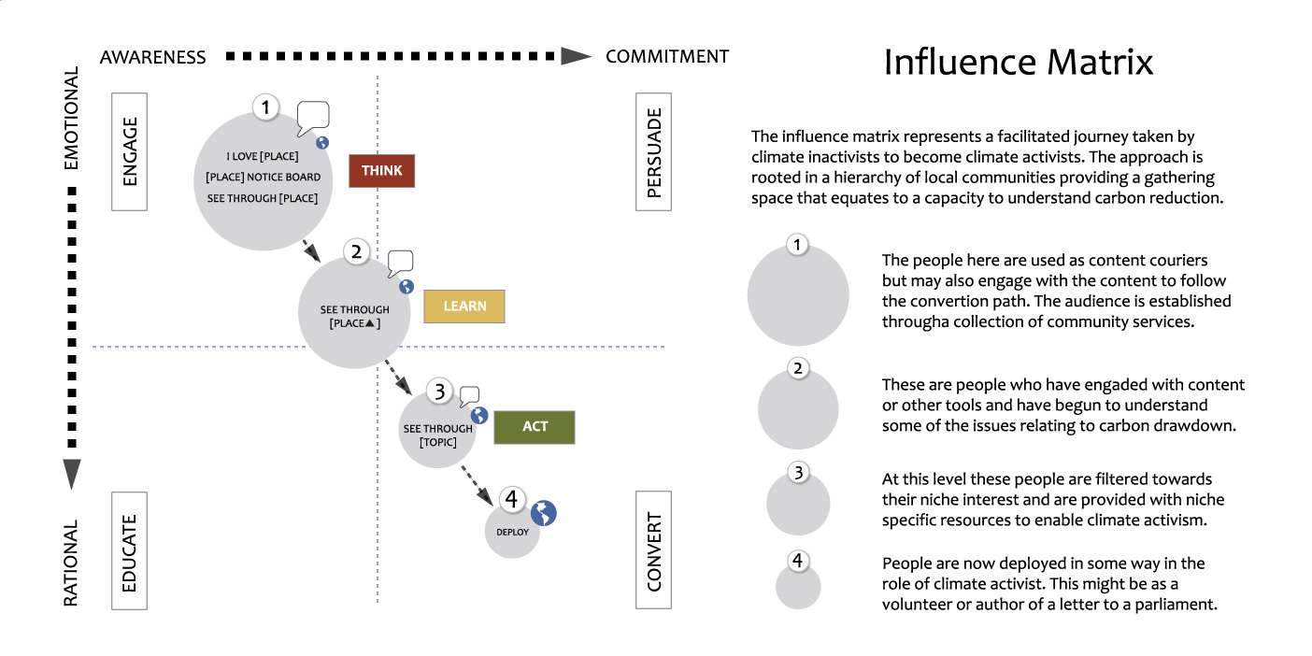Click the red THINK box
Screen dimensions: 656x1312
[x=381, y=171]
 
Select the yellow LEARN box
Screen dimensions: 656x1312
[x=464, y=307]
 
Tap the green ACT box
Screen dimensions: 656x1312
[x=535, y=426]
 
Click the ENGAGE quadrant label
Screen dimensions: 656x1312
[x=130, y=151]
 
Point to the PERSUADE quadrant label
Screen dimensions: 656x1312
[x=653, y=151]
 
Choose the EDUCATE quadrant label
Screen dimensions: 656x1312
[x=130, y=551]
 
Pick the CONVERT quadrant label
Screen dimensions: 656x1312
[x=653, y=551]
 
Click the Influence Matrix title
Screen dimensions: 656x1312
[x=1019, y=63]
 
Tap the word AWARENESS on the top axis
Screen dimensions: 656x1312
[x=153, y=57]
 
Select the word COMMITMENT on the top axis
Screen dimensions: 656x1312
[x=667, y=57]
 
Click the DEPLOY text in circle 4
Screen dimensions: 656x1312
[x=512, y=533]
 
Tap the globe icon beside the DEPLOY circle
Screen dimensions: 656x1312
[x=544, y=512]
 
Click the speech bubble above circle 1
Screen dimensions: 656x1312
[x=313, y=118]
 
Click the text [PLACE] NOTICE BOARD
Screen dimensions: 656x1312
[x=263, y=178]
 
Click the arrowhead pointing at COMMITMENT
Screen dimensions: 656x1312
[x=576, y=57]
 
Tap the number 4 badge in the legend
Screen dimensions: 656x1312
[x=797, y=562]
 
